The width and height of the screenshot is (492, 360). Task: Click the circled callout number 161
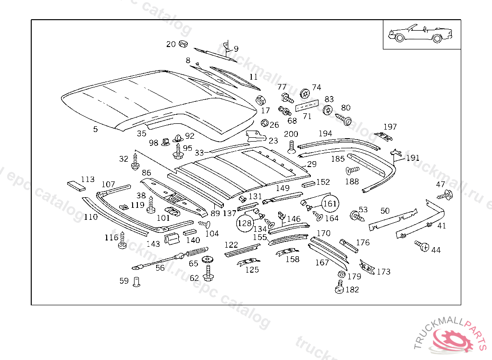pos(330,204)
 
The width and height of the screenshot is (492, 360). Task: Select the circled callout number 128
pos(245,223)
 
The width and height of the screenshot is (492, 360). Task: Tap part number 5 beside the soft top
pos(95,129)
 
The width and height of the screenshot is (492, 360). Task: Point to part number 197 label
pos(390,127)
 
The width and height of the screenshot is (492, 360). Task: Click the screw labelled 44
pos(423,246)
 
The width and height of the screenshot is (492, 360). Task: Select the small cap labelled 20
pos(183,44)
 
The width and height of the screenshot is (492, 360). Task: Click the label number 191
pos(413,158)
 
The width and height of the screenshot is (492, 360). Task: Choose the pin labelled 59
pos(136,282)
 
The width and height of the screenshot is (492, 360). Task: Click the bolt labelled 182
pos(340,289)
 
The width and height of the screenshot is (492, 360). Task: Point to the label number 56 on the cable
pos(160,268)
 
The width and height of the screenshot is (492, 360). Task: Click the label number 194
pos(325,133)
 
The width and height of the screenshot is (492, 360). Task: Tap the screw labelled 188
pos(352,170)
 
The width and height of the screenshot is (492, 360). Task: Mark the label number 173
pos(383,272)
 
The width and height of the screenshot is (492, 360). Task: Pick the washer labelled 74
pos(304,92)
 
